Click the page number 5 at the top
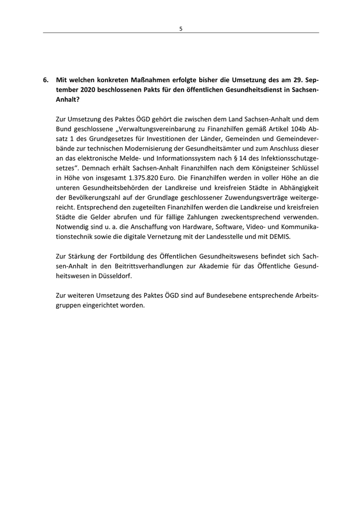tap(180, 29)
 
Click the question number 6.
tap(46, 80)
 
